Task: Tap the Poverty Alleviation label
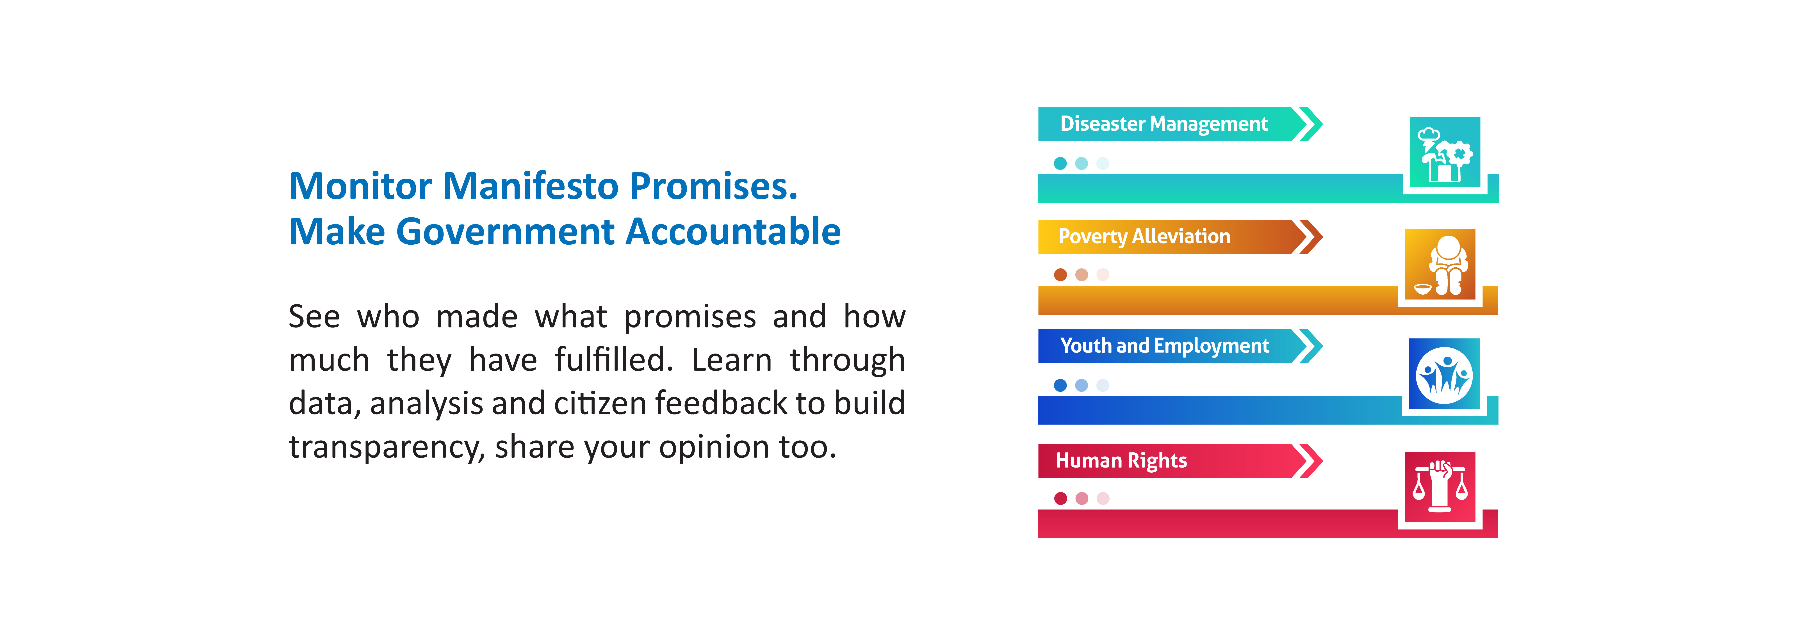click(1144, 236)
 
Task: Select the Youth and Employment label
click(1164, 346)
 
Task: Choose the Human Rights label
click(1121, 461)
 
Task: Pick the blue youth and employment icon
click(1444, 374)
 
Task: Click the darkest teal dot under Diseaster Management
click(1060, 163)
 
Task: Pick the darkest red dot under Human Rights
click(1060, 498)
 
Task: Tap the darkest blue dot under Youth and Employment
click(1060, 386)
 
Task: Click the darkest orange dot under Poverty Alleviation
click(1060, 275)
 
